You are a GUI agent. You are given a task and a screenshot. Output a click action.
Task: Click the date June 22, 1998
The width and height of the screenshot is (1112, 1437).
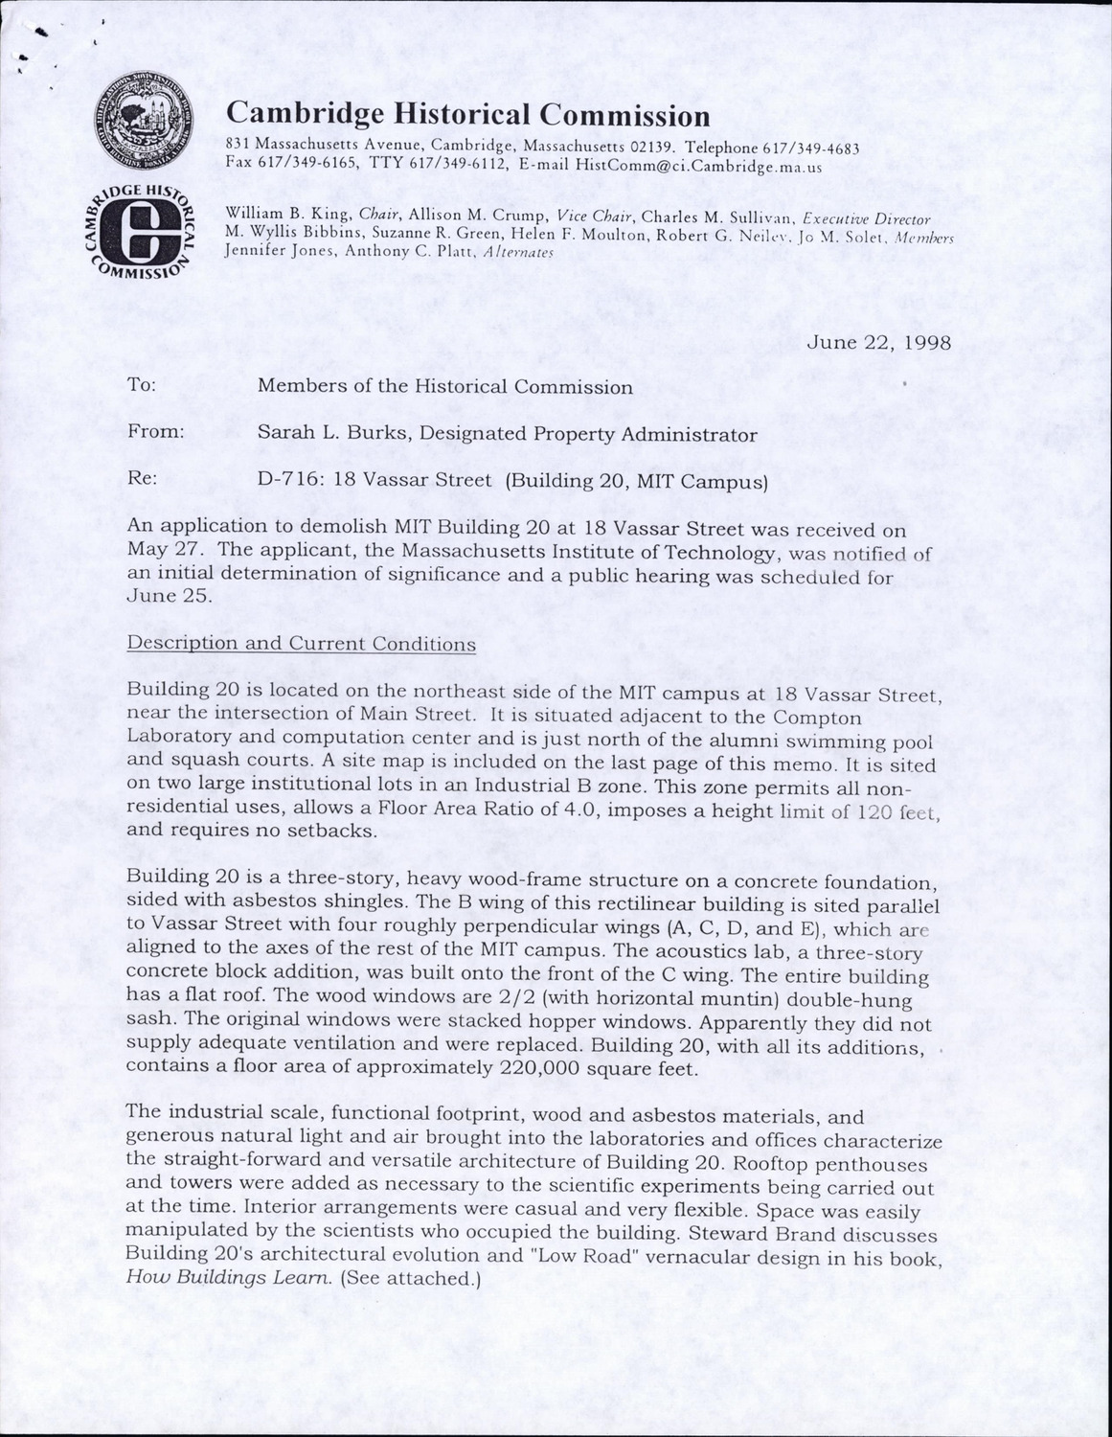pyautogui.click(x=879, y=342)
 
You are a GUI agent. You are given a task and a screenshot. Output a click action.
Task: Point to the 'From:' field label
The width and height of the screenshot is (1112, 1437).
pyautogui.click(x=155, y=433)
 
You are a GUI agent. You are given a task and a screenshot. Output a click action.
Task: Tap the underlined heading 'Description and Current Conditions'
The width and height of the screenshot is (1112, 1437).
pyautogui.click(x=302, y=644)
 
